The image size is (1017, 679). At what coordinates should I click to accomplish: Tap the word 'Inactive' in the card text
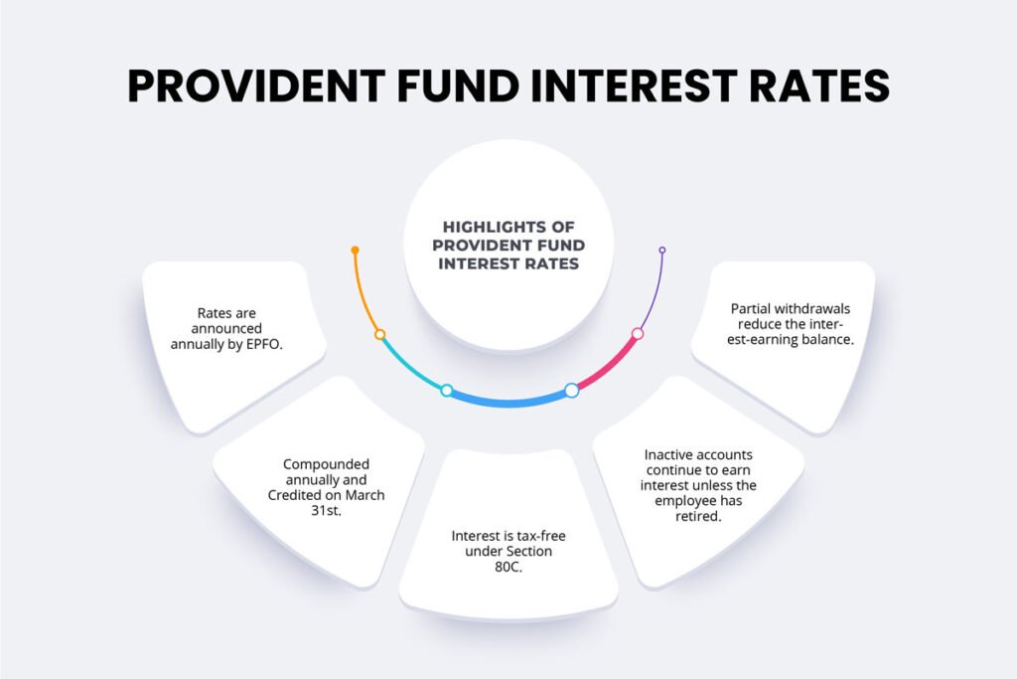point(671,455)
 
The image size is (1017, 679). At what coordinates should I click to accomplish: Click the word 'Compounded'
point(326,464)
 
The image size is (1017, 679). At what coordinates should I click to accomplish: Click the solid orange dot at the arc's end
point(355,250)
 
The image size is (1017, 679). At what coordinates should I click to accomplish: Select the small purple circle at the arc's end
point(662,250)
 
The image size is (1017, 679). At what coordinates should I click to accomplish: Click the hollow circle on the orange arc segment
point(379,335)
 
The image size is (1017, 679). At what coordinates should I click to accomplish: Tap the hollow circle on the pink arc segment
point(638,334)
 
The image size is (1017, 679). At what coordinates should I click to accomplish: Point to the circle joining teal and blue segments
point(447,390)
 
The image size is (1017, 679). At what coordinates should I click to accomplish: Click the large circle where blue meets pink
point(571,390)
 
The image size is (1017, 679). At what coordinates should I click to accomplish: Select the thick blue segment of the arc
point(508,402)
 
